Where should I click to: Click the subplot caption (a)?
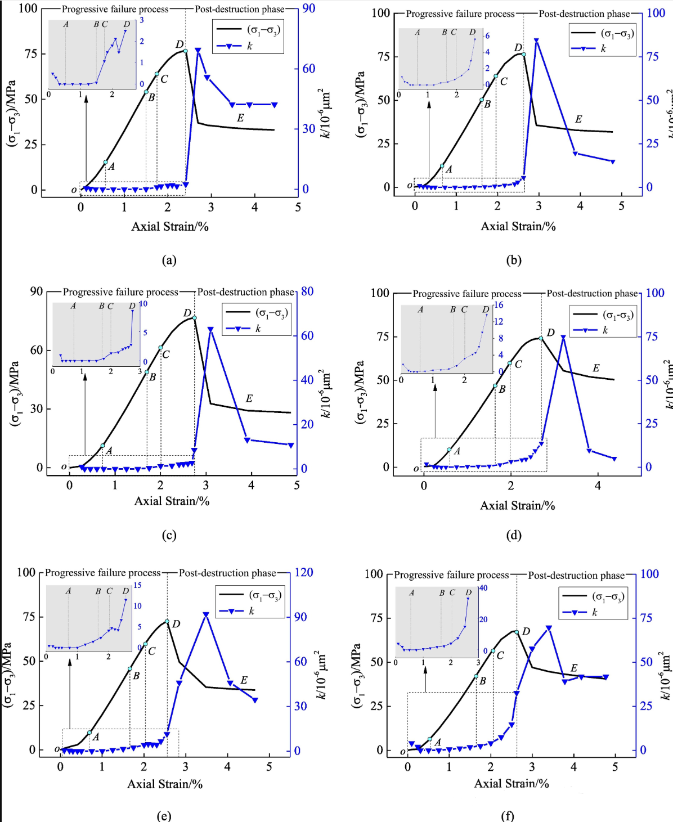coord(169,260)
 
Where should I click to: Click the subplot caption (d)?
coord(514,535)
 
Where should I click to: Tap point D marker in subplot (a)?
coord(186,51)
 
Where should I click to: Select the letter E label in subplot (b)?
coord(578,119)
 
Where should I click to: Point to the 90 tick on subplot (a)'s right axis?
coord(308,8)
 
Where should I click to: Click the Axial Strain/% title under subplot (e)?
coord(165,784)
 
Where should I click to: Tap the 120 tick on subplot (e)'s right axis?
coord(304,572)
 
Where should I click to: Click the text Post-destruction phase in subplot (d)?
coord(592,293)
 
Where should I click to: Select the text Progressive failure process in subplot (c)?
coord(120,292)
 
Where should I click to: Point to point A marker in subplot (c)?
coord(102,446)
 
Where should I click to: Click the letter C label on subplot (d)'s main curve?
coord(518,365)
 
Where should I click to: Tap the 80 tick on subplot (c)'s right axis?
coord(307,291)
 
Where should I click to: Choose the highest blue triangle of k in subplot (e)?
coord(206,615)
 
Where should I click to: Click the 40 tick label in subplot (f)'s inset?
coord(483,589)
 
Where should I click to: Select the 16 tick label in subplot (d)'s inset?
coord(499,305)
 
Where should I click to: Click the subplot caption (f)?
coord(508,816)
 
